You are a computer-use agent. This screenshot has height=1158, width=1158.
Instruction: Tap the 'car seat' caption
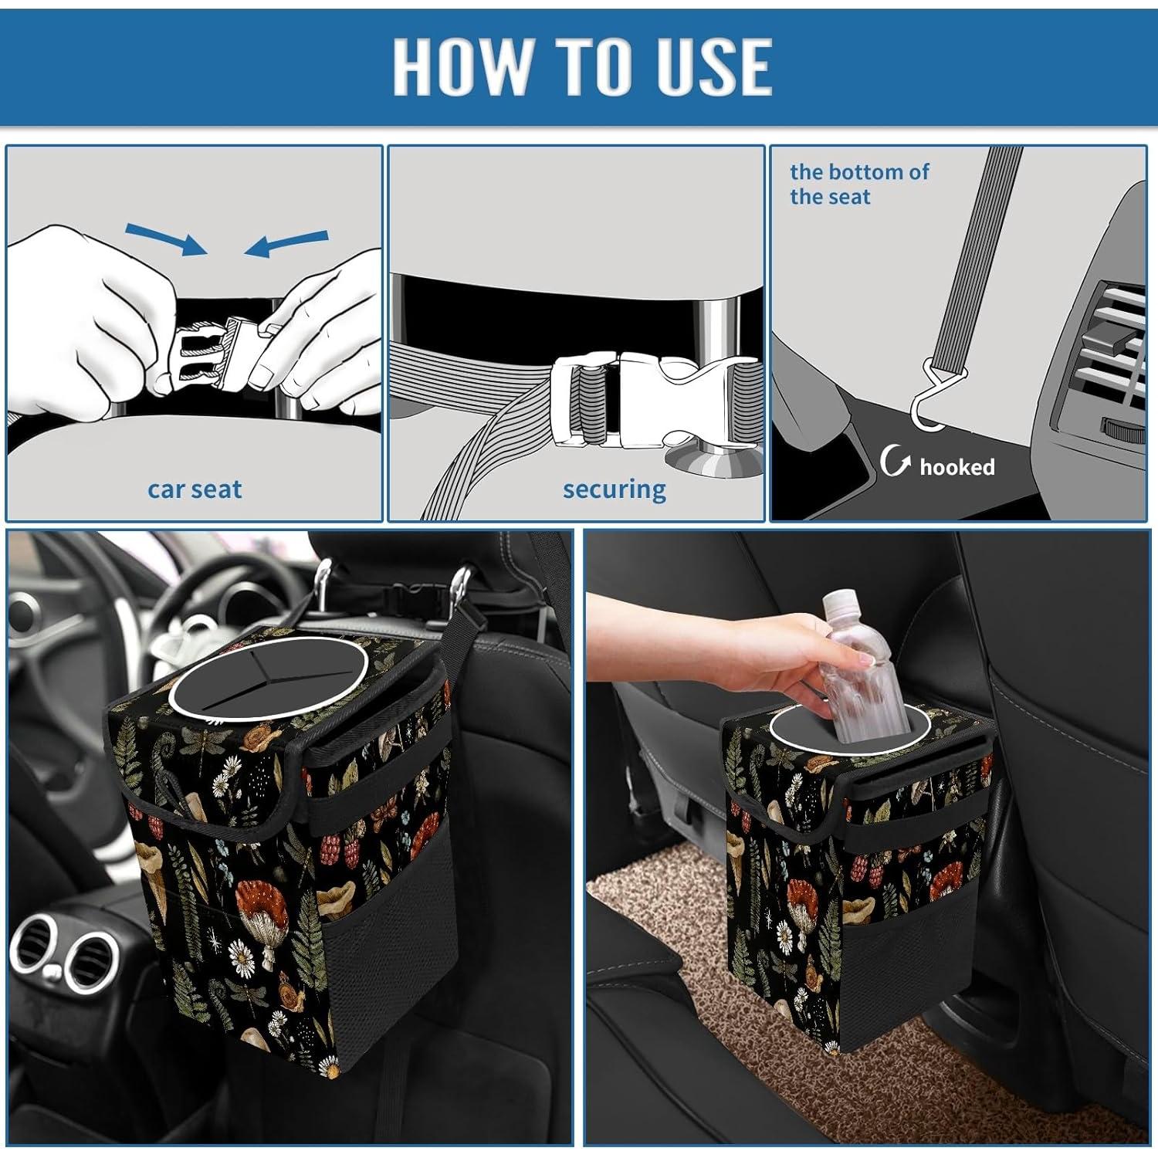click(195, 489)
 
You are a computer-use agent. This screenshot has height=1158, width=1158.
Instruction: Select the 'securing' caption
click(614, 489)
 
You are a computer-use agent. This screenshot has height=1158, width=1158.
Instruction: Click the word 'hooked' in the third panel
click(957, 467)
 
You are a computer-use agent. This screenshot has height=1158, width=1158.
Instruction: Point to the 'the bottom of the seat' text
click(858, 184)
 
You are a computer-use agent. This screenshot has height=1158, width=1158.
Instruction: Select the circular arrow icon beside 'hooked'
click(895, 462)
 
